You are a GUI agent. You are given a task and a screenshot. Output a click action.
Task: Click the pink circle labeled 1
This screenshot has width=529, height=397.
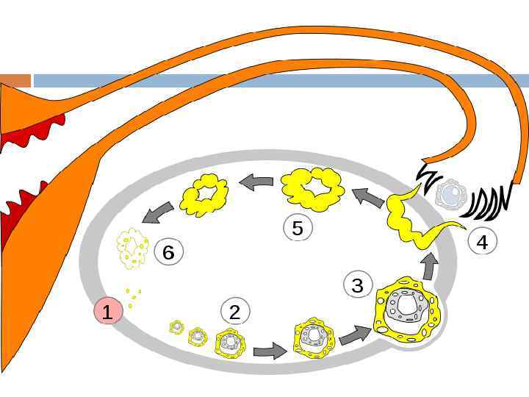(108, 312)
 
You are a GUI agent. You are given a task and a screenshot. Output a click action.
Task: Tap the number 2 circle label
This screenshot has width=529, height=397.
(235, 312)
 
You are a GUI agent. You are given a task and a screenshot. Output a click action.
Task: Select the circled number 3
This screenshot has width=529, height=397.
(358, 285)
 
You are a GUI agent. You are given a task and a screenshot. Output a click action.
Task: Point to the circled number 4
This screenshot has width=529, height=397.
(482, 242)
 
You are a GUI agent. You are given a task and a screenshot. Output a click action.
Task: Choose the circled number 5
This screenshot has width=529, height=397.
(298, 228)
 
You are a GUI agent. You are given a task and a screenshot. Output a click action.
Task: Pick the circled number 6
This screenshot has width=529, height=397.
(168, 253)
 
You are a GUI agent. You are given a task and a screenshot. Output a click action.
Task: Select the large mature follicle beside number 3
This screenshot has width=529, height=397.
(407, 308)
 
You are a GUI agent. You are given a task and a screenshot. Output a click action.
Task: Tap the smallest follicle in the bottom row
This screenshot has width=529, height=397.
(176, 326)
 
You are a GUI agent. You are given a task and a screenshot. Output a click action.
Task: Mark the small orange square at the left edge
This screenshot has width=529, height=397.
(15, 80)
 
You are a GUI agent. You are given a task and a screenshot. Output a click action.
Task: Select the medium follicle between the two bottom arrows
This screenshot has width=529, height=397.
(314, 337)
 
